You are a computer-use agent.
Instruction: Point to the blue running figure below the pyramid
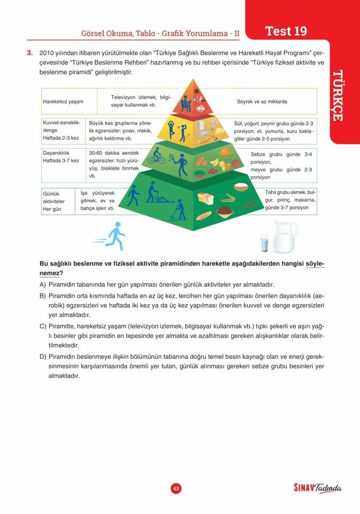point(112,237)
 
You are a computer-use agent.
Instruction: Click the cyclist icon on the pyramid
point(157,157)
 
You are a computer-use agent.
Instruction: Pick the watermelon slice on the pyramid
point(199,174)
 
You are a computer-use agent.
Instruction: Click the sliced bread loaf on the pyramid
point(205,199)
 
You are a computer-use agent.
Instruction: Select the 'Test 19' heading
point(286,31)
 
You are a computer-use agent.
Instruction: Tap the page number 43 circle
point(176,488)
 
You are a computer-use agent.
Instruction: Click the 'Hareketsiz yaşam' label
point(63,102)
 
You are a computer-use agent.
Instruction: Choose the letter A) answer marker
point(43,284)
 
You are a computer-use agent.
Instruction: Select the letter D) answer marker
point(43,357)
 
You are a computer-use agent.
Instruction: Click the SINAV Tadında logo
point(317,488)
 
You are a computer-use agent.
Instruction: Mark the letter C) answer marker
point(43,326)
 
